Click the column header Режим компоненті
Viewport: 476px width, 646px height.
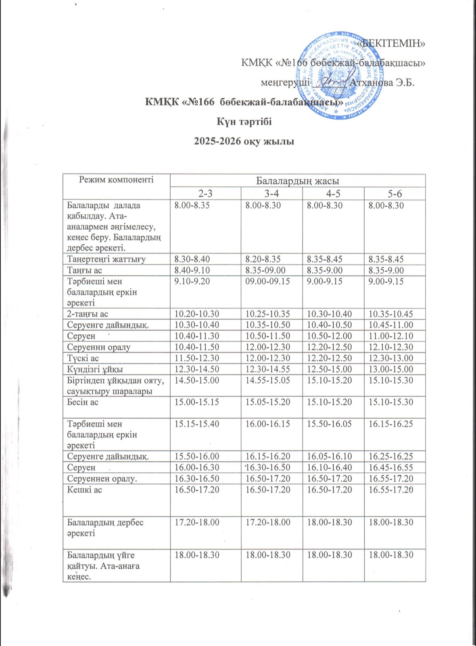(x=116, y=180)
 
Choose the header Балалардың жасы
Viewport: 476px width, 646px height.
(x=298, y=180)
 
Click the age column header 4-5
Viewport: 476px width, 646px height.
(x=333, y=193)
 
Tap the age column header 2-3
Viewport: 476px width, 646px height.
(x=205, y=193)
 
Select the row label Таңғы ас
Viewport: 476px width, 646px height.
(x=84, y=270)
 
